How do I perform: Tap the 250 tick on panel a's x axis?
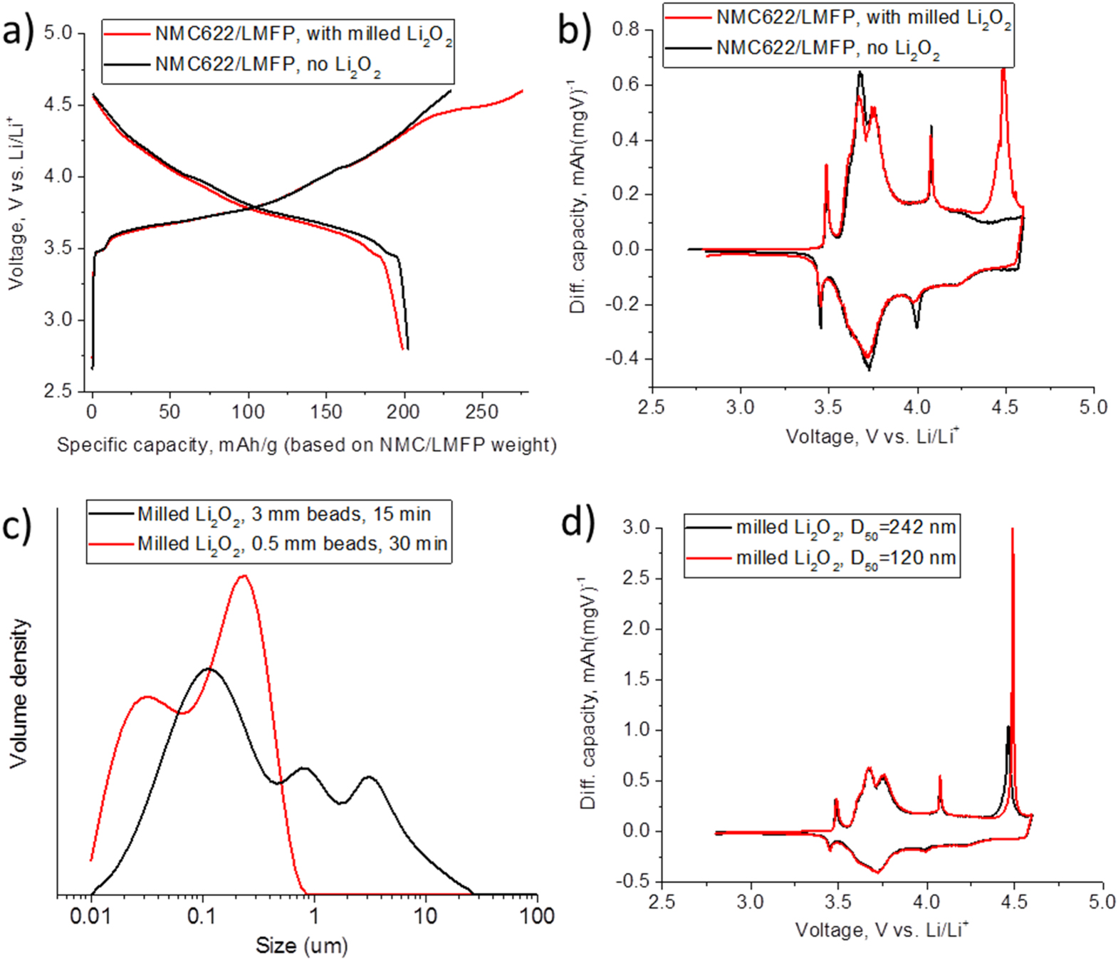[x=482, y=412]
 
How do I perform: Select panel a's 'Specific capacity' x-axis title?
[x=306, y=445]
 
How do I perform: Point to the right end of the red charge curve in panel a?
[x=523, y=90]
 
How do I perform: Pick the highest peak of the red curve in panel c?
[x=244, y=575]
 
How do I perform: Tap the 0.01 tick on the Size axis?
[x=90, y=916]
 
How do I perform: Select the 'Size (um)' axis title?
[x=302, y=946]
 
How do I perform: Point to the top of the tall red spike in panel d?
[x=1013, y=529]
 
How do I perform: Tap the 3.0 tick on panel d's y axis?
[x=636, y=528]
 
